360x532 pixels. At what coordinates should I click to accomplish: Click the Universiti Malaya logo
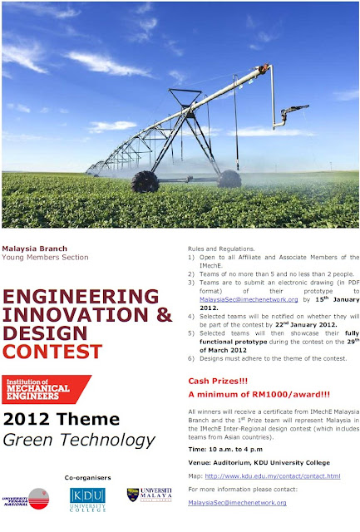click(x=149, y=495)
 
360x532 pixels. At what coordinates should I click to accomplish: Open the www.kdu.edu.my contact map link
click(x=273, y=476)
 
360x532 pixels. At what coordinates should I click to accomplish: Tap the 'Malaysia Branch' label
click(x=34, y=249)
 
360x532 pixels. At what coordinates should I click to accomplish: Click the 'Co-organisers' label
click(x=88, y=477)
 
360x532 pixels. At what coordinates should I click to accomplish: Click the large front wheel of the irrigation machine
click(x=145, y=181)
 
